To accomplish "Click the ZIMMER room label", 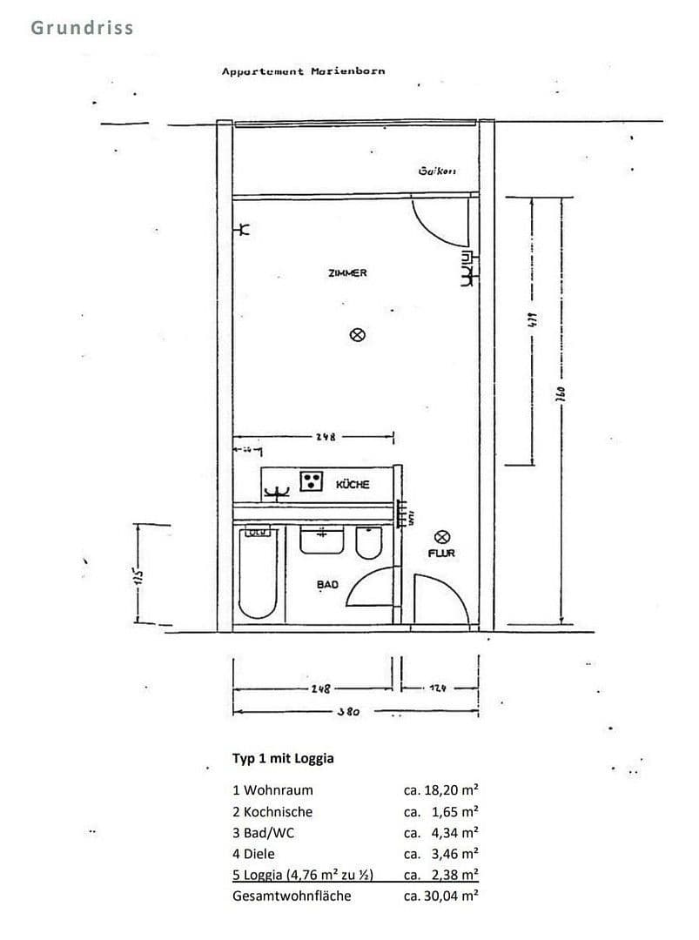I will pos(347,272).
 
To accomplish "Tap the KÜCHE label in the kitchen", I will pos(353,484).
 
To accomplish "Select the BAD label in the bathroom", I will pos(327,585).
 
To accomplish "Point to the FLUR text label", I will pos(441,553).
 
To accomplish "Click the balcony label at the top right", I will pos(437,171).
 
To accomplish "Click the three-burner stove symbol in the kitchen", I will pos(312,481).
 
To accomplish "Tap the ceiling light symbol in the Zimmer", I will pos(356,334).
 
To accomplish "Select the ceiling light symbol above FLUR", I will pos(441,537).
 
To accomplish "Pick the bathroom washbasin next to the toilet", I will pos(320,540).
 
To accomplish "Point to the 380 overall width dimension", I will pos(348,711).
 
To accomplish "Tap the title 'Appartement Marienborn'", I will pos(303,71).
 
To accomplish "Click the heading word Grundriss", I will pos(83,27).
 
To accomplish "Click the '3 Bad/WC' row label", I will pos(264,833).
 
